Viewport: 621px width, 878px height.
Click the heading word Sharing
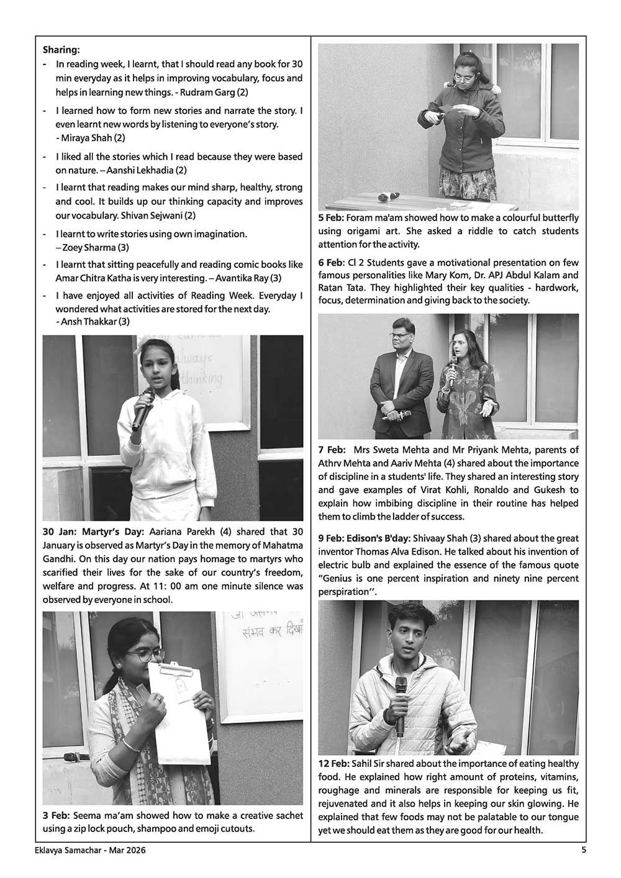(x=61, y=49)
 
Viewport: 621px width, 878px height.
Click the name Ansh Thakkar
(x=89, y=322)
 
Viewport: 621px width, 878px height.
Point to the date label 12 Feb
(x=333, y=764)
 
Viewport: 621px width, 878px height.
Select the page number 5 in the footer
(x=584, y=851)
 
